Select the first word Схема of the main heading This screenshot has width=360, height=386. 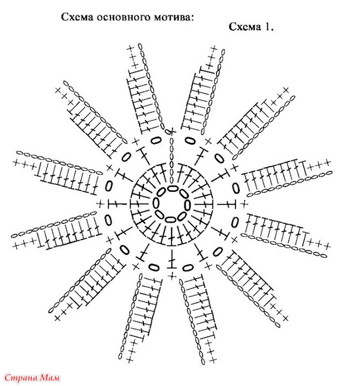77,17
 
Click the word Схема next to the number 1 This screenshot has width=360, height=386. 245,26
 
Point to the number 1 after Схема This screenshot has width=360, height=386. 268,26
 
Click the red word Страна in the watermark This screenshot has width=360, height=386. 21,377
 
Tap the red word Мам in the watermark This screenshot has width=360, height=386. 50,377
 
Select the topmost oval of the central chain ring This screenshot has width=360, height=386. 173,189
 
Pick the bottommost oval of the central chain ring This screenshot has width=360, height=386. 170,219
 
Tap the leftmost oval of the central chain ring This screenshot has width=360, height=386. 156,203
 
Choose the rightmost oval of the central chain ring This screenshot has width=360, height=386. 187,205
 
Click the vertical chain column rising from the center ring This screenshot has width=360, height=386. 171,160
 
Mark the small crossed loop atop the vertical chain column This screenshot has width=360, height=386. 170,131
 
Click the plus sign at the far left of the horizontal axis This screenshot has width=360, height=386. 100,204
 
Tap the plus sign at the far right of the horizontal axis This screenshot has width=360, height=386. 244,204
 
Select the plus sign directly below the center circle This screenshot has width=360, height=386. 172,276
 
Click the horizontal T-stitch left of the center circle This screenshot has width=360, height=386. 117,204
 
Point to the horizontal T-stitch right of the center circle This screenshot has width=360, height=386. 227,204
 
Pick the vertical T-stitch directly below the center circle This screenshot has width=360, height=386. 172,259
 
